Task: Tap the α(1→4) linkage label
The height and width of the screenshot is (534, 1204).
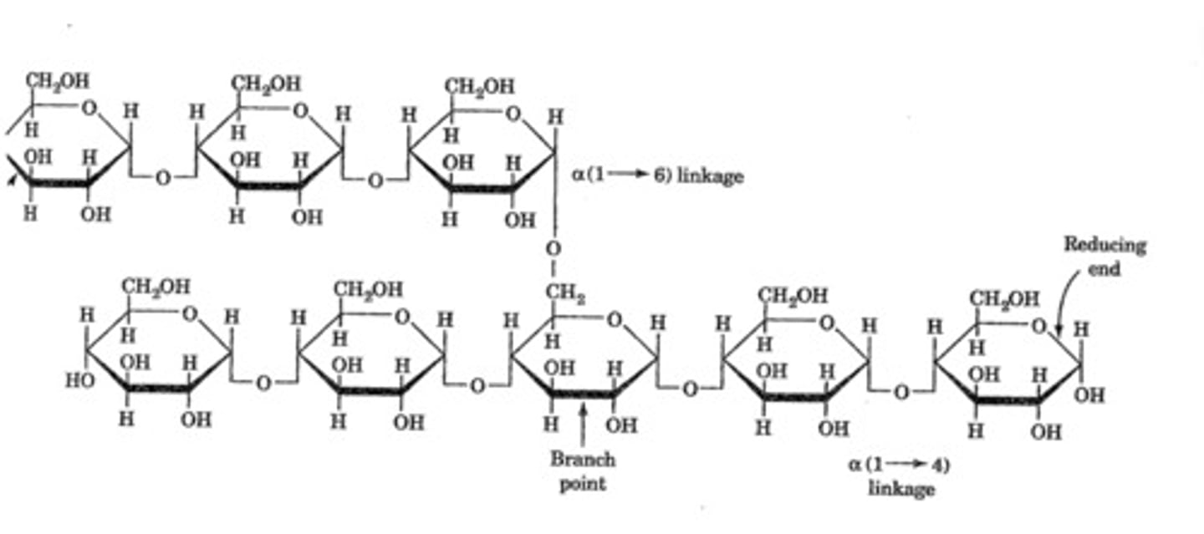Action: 899,476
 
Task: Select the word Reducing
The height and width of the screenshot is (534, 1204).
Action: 1104,246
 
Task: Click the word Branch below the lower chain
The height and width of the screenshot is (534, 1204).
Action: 582,459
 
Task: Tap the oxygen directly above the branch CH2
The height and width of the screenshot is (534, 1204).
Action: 553,249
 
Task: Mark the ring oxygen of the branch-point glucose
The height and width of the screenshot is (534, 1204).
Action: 614,318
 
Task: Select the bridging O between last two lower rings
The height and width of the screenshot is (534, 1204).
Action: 901,390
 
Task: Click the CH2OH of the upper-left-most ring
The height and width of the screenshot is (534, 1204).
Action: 57,81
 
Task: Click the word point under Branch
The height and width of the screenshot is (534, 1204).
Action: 582,483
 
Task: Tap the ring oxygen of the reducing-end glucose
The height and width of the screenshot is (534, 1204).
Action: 1038,325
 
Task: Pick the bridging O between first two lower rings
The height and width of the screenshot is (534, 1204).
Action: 263,384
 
